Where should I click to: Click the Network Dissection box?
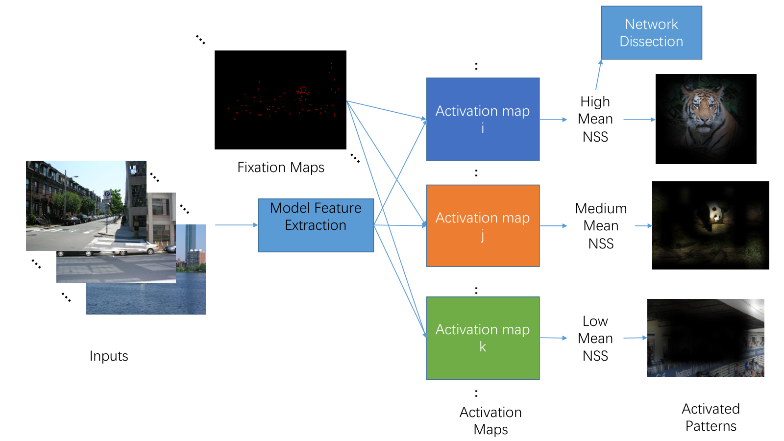(651, 32)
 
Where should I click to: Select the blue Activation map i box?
(483, 119)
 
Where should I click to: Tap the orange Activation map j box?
(483, 226)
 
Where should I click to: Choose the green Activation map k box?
(483, 338)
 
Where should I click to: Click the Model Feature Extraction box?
(316, 225)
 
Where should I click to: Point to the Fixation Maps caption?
(281, 167)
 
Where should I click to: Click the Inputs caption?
(108, 356)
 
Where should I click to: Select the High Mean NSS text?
(595, 119)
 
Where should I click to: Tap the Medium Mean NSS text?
(601, 226)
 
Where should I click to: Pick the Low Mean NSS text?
(595, 338)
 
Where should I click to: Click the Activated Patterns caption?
(710, 417)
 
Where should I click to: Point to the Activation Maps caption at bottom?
(490, 421)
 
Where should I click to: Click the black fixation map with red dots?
(280, 100)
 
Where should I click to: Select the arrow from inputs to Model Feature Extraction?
(237, 225)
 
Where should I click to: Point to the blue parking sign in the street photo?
(107, 194)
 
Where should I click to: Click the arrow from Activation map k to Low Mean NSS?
(553, 338)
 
